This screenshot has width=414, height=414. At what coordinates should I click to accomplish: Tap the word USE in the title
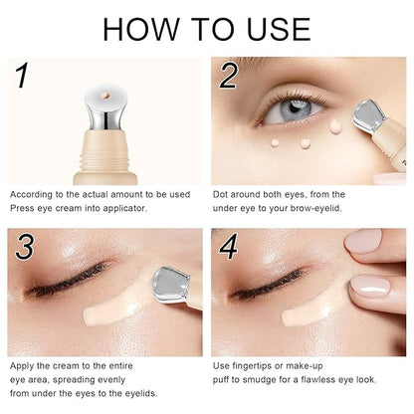click(x=280, y=29)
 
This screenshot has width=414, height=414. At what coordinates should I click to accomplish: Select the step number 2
click(x=229, y=76)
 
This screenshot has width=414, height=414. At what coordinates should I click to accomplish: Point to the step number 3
click(x=25, y=247)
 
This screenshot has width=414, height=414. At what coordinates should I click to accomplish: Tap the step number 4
click(x=229, y=247)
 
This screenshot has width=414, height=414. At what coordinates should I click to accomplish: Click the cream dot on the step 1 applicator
click(x=105, y=96)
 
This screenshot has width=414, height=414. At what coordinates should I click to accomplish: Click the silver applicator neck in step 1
click(x=105, y=116)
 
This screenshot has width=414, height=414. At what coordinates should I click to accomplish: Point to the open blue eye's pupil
click(x=294, y=106)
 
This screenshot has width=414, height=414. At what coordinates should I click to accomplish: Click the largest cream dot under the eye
click(x=335, y=126)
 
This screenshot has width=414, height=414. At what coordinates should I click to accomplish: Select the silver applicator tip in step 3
click(x=170, y=285)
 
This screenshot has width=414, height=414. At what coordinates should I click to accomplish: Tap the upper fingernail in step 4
click(x=362, y=241)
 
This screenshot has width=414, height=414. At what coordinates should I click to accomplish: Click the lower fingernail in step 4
click(x=370, y=287)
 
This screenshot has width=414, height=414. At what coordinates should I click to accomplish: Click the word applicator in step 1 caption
click(x=124, y=209)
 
